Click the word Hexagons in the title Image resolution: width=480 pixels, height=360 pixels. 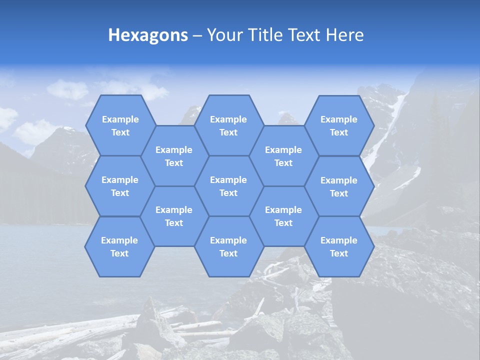pyautogui.click(x=148, y=35)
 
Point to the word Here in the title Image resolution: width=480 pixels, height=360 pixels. pyautogui.click(x=344, y=35)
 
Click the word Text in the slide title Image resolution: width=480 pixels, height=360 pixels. pyautogui.click(x=306, y=35)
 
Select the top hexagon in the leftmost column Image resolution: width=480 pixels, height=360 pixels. pyautogui.click(x=120, y=125)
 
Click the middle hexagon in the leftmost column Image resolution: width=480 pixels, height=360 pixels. pyautogui.click(x=120, y=186)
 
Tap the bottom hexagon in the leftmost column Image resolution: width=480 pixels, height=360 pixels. pyautogui.click(x=119, y=246)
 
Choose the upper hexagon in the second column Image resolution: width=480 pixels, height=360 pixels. pyautogui.click(x=174, y=156)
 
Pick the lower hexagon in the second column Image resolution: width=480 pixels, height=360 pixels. pyautogui.click(x=174, y=216)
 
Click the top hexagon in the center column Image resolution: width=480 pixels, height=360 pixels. pyautogui.click(x=228, y=125)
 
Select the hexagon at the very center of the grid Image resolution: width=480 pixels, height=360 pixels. pyautogui.click(x=228, y=186)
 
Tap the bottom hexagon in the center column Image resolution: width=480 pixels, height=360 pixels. pyautogui.click(x=228, y=246)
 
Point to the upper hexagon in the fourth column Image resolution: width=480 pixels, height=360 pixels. pyautogui.click(x=283, y=156)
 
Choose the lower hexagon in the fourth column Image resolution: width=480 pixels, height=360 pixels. pyautogui.click(x=283, y=216)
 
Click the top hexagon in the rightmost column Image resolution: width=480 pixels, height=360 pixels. pyautogui.click(x=339, y=125)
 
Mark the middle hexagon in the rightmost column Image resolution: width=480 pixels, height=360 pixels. pyautogui.click(x=339, y=186)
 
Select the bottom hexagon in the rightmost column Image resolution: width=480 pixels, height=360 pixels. pyautogui.click(x=339, y=246)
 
